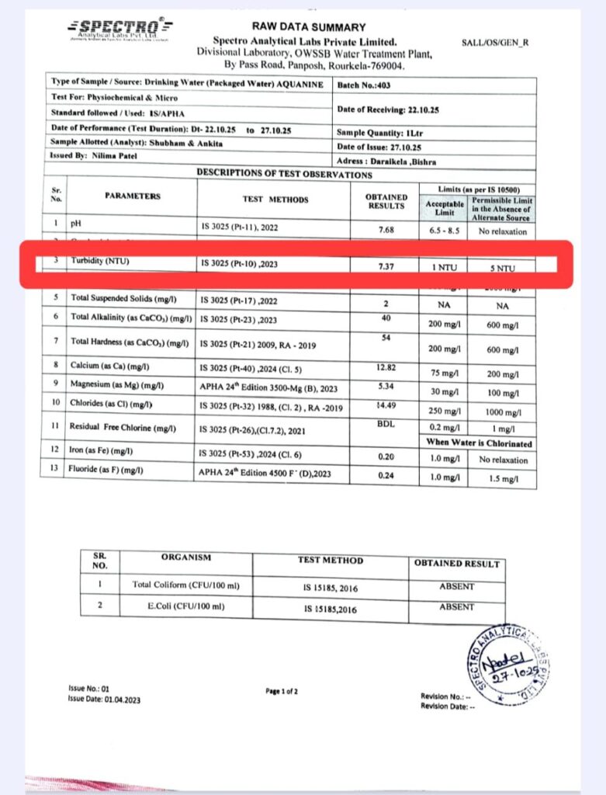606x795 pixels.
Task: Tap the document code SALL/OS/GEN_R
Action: coord(494,43)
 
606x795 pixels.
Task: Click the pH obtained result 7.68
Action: coord(385,229)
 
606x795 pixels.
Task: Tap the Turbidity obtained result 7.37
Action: coord(385,267)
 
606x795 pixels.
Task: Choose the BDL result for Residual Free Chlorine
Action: coord(385,425)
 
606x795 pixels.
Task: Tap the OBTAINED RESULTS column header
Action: coord(385,200)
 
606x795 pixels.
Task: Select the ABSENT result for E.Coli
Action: coord(456,607)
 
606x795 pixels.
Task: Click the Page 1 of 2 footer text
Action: coord(282,690)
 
